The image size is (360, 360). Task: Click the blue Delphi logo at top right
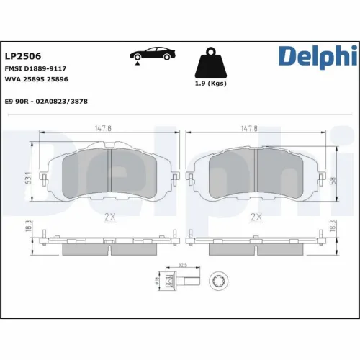point(317,56)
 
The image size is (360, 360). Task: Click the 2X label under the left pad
point(108,217)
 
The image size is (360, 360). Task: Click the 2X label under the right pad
point(254,217)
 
